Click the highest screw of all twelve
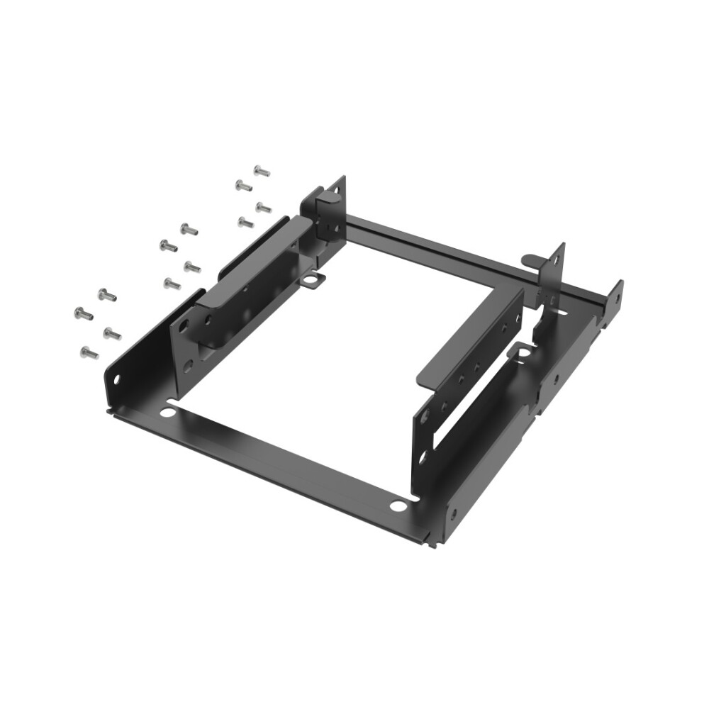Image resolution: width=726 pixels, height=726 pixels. click(x=261, y=171)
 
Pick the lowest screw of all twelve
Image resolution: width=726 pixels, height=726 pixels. click(x=89, y=352)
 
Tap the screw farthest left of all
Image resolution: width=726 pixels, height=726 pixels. click(x=83, y=313)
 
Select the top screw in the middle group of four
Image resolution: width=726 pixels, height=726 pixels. click(x=189, y=229)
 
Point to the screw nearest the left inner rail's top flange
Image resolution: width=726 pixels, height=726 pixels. click(x=245, y=223)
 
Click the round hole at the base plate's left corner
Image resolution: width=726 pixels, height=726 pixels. click(x=168, y=411)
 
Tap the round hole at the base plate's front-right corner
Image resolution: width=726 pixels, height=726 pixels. click(x=399, y=506)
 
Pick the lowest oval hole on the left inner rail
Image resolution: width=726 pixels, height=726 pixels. click(x=189, y=367)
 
